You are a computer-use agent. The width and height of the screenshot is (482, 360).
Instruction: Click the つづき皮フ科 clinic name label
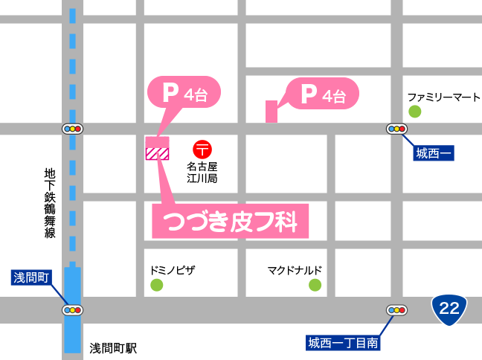tap(230, 221)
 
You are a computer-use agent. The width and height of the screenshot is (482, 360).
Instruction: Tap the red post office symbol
tap(201, 149)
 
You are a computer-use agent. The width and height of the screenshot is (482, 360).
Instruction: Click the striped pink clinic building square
tap(158, 154)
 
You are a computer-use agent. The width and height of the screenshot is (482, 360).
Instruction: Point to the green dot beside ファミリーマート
tap(414, 112)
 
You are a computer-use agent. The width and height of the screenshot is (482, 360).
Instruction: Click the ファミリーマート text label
tap(444, 97)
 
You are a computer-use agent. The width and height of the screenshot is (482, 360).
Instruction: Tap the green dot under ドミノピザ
tap(156, 285)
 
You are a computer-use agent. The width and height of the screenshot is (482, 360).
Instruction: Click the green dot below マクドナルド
tap(315, 285)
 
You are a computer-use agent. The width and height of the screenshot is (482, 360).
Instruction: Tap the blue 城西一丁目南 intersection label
tap(344, 343)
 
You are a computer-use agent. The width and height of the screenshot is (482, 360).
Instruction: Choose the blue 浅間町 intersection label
tap(31, 278)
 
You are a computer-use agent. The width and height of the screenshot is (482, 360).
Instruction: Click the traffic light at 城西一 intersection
tap(396, 129)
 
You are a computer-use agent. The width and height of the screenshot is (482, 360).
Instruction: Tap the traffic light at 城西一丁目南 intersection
tap(396, 310)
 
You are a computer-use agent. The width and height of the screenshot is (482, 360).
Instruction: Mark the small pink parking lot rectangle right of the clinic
tap(271, 112)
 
